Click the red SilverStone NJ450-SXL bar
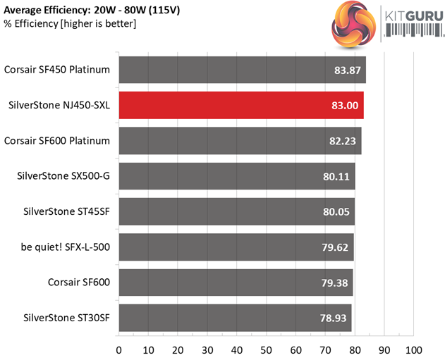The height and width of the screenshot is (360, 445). coord(240,105)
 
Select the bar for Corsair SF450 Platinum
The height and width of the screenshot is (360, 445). coord(242,70)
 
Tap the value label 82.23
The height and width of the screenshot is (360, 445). coord(342,141)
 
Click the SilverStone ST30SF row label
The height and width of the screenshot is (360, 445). coord(68,318)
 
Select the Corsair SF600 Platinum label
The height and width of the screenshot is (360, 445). coord(57,140)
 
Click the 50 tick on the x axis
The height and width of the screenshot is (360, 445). coord(267,349)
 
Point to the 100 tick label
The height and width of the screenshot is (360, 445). coord(414,349)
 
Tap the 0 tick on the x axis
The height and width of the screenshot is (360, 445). coord(119,349)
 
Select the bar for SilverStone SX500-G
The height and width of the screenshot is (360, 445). coord(236,176)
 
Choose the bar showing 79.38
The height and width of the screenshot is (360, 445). coord(236,283)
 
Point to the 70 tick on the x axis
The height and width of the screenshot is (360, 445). coord(325,349)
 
